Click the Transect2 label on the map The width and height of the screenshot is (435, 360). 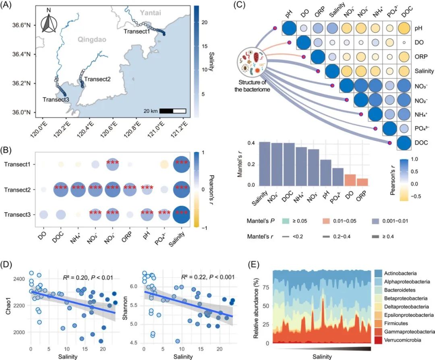pos(97,79)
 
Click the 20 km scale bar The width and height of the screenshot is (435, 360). pos(172,111)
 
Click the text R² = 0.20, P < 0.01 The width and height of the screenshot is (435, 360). pos(89,277)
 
